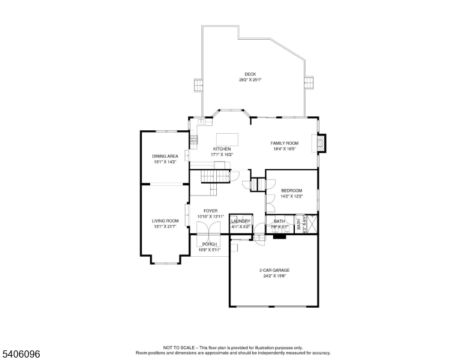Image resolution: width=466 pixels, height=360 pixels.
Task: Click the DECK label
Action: [x=250, y=74]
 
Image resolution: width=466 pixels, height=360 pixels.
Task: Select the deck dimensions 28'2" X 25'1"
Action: [x=250, y=80]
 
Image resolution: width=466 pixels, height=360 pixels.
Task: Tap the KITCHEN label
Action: [x=222, y=149]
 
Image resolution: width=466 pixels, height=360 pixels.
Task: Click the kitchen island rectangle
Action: [x=227, y=139]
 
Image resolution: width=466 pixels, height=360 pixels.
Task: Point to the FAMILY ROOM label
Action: [x=285, y=143]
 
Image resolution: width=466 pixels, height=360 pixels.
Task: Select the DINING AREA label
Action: [x=165, y=156]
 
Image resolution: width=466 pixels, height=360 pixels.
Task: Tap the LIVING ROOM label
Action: [x=165, y=221]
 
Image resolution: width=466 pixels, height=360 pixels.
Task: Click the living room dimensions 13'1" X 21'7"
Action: [x=165, y=227]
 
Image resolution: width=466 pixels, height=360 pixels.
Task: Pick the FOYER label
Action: [x=210, y=211]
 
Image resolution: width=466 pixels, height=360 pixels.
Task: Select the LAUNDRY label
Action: [x=240, y=221]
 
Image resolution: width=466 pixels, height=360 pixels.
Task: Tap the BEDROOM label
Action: [x=292, y=191]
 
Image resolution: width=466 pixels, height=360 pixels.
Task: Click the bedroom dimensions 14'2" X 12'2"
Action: [x=292, y=196]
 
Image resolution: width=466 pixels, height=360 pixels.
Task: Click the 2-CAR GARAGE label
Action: [x=274, y=271]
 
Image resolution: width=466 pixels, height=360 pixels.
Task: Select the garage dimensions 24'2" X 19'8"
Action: [x=274, y=276]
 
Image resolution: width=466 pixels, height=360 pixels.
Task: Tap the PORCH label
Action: [x=210, y=244]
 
